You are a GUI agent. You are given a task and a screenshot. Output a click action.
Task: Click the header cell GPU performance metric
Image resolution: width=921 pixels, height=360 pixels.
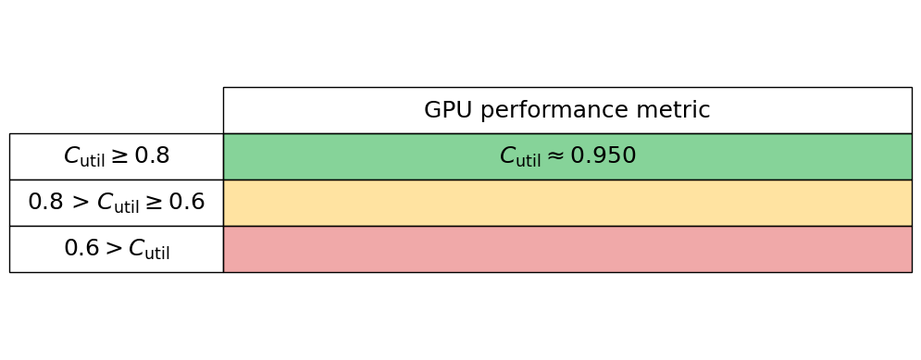click(x=566, y=110)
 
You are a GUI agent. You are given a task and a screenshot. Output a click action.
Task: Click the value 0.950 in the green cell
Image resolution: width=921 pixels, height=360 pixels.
click(x=603, y=156)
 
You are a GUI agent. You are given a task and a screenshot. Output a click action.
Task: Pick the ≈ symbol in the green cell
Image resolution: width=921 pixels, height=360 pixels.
click(x=555, y=156)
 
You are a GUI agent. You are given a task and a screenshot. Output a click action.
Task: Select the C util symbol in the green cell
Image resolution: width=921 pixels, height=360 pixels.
click(x=519, y=157)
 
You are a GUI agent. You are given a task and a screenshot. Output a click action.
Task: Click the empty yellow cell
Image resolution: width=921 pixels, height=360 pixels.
click(x=566, y=203)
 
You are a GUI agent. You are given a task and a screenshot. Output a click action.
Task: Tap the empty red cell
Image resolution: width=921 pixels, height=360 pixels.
click(x=566, y=249)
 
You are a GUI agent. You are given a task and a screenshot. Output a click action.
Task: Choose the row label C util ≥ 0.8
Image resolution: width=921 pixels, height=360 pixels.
click(x=116, y=156)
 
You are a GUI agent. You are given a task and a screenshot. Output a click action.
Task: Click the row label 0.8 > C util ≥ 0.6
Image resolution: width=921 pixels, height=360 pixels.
click(x=116, y=203)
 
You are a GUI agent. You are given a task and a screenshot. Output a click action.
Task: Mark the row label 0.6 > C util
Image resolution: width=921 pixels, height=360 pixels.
click(x=116, y=249)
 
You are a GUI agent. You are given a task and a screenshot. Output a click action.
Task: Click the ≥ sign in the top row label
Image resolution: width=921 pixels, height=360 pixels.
click(x=119, y=156)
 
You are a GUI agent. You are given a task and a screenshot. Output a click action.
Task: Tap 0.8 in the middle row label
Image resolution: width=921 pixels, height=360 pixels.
click(x=45, y=203)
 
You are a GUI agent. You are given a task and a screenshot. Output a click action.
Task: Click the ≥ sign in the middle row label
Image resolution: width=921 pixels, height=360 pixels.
click(x=154, y=203)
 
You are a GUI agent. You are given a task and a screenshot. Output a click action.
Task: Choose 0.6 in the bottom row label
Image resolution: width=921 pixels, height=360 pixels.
click(x=81, y=249)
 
